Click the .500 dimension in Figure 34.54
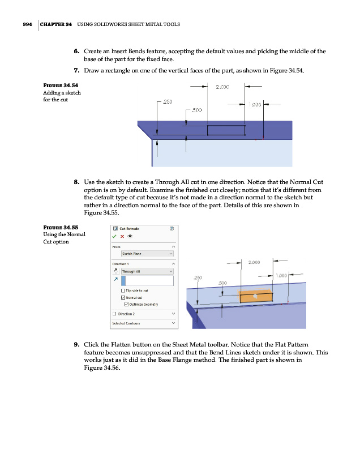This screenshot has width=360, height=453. click(197, 111)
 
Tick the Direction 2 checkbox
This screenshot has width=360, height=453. click(114, 314)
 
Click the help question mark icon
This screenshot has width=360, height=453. click(172, 228)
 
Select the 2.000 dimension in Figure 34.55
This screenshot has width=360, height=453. click(254, 262)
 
